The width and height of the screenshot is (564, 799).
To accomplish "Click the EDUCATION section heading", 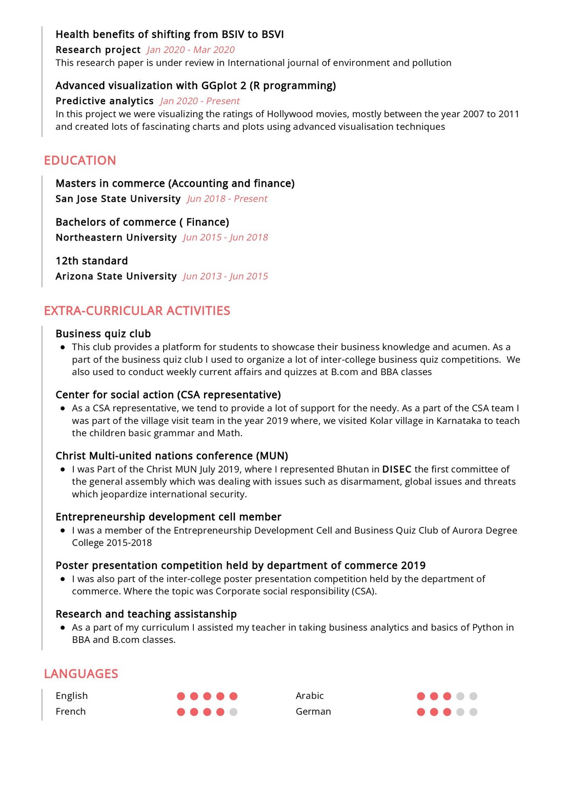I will tap(80, 161).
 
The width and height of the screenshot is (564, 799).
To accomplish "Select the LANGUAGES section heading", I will tap(81, 674).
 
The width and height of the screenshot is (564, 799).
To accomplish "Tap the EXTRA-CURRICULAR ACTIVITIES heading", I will tap(137, 311).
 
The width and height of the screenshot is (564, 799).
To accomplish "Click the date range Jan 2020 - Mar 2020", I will tap(190, 50).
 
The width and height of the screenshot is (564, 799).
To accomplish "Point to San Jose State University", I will tap(118, 199).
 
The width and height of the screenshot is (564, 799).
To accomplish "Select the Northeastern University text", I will tap(116, 238).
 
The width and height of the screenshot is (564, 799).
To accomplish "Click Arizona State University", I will tap(116, 277).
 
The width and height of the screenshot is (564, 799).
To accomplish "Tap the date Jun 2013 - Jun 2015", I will tap(226, 277).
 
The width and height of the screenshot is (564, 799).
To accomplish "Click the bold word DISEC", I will tap(397, 470).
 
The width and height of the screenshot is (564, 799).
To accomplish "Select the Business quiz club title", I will tap(103, 334).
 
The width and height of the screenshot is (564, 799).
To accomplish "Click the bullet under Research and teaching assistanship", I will tap(63, 628).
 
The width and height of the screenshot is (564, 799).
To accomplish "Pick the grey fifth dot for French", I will tap(233, 712).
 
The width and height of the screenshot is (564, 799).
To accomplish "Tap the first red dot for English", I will tap(181, 696).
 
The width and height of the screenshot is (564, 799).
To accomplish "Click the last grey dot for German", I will tap(473, 712).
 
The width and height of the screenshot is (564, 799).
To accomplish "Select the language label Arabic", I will tap(310, 696).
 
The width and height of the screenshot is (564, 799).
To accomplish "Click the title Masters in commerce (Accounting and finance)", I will tap(175, 184).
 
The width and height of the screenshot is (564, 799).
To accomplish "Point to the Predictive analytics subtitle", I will tap(105, 101).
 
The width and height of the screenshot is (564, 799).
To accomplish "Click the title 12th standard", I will tap(91, 261).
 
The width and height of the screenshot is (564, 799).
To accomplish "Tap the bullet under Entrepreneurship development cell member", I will tap(63, 531).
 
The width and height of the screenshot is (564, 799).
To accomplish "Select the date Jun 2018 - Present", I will tap(227, 199).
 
